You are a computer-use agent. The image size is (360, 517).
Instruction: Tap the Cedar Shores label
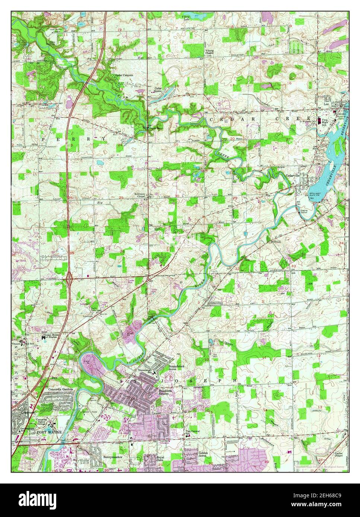pyautogui.click(x=160, y=90)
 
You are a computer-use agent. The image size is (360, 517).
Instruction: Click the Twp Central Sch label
pyautogui.click(x=192, y=433)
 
